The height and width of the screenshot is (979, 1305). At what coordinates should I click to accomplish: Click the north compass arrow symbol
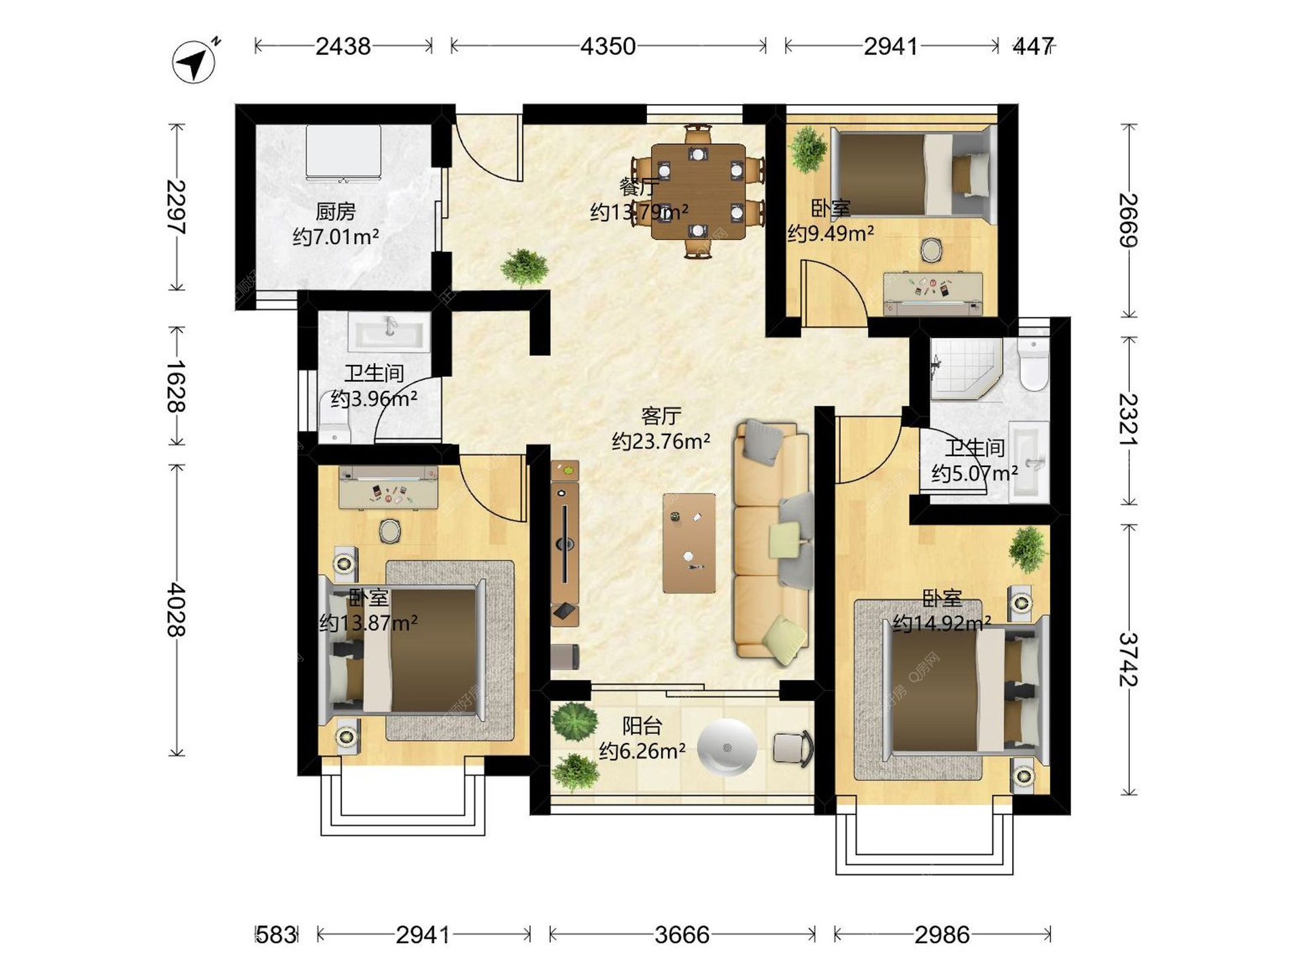tap(194, 61)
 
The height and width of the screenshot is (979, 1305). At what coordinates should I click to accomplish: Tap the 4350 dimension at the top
tap(608, 46)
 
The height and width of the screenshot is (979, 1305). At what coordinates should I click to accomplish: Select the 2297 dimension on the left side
tap(177, 207)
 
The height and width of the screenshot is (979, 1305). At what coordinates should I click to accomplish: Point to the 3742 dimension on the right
tap(1129, 659)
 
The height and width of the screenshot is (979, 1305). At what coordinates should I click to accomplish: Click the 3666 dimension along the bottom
tap(682, 935)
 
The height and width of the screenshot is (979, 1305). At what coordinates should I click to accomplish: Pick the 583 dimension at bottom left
tap(277, 935)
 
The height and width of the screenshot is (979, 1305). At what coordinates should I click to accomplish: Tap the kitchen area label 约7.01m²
tap(336, 237)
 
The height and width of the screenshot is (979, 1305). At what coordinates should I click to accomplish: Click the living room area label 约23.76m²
tap(661, 441)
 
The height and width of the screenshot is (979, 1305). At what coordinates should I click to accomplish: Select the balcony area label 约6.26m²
tap(642, 751)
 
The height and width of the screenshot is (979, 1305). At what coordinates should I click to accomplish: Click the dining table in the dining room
tap(698, 192)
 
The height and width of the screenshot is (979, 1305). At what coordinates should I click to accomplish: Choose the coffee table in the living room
tap(689, 543)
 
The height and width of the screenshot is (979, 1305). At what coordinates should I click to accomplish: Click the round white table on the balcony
tap(727, 748)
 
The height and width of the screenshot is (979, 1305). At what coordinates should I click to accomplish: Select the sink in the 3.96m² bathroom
tap(389, 332)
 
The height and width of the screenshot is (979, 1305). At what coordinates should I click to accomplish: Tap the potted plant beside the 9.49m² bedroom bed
tap(808, 149)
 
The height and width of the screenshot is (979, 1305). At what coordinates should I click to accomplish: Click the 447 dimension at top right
tap(1032, 46)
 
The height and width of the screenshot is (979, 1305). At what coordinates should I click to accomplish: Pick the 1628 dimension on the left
tap(177, 386)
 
